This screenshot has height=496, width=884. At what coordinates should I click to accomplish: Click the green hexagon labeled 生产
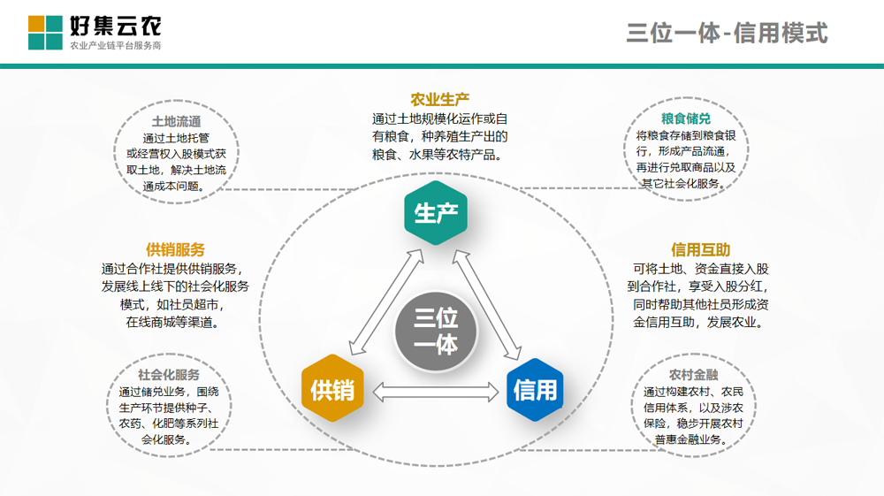click(436, 212)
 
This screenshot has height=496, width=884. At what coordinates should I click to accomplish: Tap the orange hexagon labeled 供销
click(332, 388)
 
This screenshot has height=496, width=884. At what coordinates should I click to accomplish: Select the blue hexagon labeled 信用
click(535, 390)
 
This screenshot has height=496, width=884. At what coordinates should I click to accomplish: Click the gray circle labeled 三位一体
click(436, 332)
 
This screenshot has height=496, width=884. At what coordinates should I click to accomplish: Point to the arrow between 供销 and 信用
click(436, 393)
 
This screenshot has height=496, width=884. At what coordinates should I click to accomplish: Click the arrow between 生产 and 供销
click(387, 302)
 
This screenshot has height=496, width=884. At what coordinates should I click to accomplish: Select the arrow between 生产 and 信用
click(487, 304)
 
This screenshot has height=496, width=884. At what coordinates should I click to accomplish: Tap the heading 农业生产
click(439, 100)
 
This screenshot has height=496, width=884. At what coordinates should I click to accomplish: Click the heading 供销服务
click(175, 249)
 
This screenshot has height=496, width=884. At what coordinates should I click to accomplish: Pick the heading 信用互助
click(701, 249)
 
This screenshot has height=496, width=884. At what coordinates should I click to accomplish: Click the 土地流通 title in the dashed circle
click(177, 121)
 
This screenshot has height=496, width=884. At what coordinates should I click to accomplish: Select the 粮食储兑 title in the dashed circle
click(686, 118)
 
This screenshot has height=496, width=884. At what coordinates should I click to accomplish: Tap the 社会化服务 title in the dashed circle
click(169, 374)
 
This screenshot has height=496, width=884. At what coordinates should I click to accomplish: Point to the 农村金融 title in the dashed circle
click(693, 374)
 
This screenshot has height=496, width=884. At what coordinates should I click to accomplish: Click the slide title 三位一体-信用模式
click(727, 33)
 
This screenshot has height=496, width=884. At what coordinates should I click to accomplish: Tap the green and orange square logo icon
click(45, 33)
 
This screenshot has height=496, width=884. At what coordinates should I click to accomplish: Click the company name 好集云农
click(116, 26)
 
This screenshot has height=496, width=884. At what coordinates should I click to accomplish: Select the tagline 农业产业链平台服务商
click(116, 46)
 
